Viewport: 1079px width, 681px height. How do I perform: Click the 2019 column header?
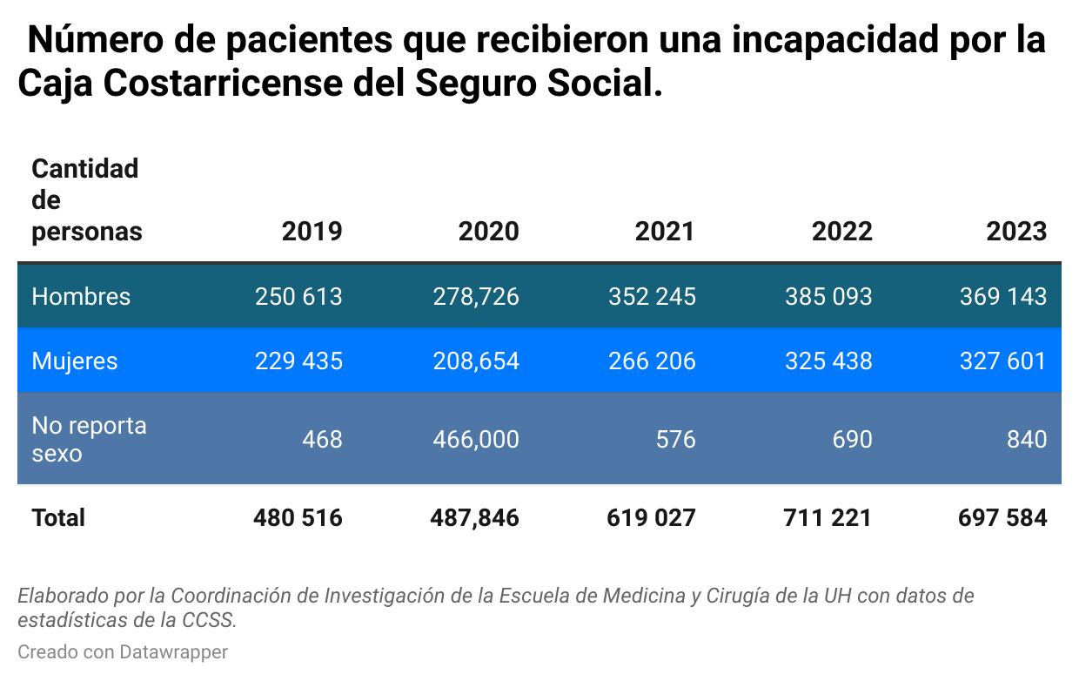pos(312,231)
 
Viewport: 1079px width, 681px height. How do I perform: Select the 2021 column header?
pos(665,231)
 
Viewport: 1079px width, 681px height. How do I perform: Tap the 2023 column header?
pos(1016,231)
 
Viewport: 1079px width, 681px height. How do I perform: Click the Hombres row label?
pos(81,296)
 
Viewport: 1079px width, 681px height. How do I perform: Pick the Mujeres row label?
pos(75,361)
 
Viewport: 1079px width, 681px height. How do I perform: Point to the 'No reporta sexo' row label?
pos(89,439)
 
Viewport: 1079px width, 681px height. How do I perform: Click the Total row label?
pos(58,518)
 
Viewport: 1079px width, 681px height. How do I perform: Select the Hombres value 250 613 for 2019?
pos(298,296)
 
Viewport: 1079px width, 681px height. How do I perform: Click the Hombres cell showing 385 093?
pos(828,296)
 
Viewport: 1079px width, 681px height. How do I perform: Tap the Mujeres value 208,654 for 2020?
pos(476,361)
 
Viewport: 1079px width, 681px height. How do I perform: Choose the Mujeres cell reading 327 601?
pos(1002,361)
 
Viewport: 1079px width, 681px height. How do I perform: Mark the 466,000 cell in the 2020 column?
pos(476,439)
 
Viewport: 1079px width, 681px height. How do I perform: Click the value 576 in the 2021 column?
pos(676,439)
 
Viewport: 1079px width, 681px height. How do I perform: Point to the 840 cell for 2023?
pos(1027,439)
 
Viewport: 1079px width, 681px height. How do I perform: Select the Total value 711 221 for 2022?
pos(828,518)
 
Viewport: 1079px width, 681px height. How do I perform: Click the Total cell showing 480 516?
pos(298,518)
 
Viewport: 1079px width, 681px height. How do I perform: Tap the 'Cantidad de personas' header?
pos(86,200)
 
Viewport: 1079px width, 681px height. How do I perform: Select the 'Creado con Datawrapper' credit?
pos(123,651)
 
